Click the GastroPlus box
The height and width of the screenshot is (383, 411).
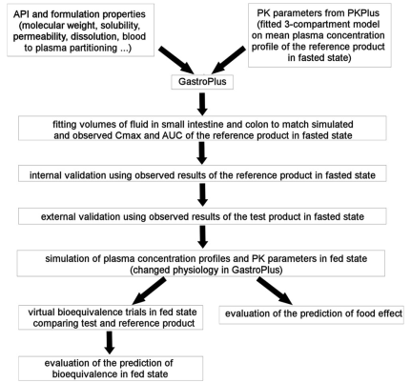click(x=202, y=82)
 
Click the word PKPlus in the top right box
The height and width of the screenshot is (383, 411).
click(x=362, y=13)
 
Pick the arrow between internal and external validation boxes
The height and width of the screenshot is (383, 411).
click(x=202, y=194)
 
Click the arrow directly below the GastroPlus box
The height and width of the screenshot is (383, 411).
click(x=202, y=104)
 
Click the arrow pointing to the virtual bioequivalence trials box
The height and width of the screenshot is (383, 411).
click(x=149, y=291)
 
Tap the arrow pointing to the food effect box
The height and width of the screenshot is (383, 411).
click(x=275, y=291)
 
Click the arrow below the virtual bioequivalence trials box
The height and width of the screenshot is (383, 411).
click(x=110, y=342)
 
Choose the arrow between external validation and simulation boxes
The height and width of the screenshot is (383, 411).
click(x=202, y=236)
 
